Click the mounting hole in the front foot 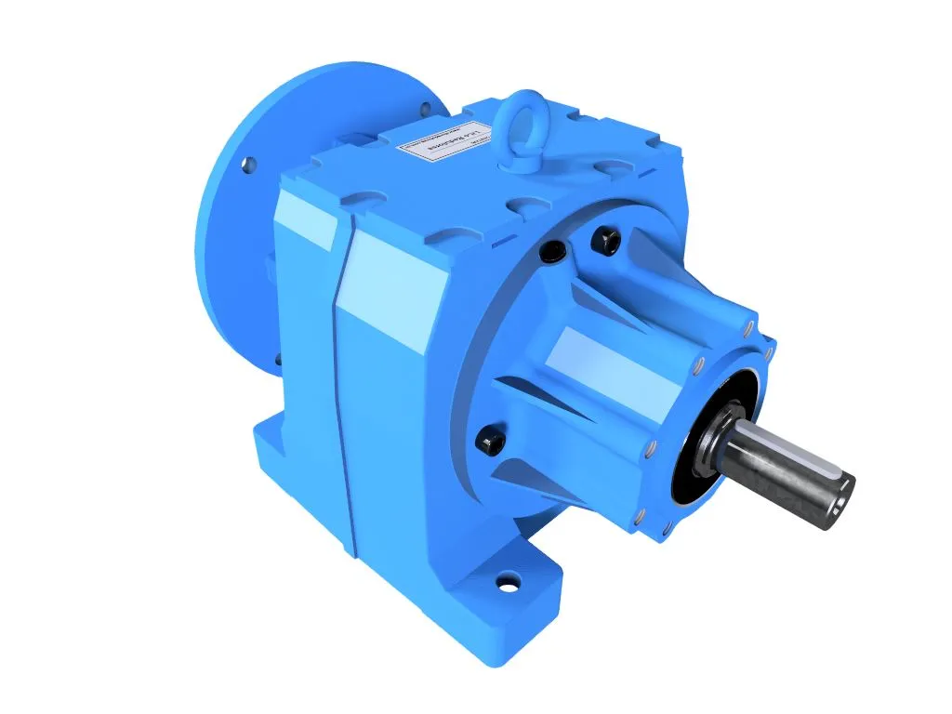pos(508,584)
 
